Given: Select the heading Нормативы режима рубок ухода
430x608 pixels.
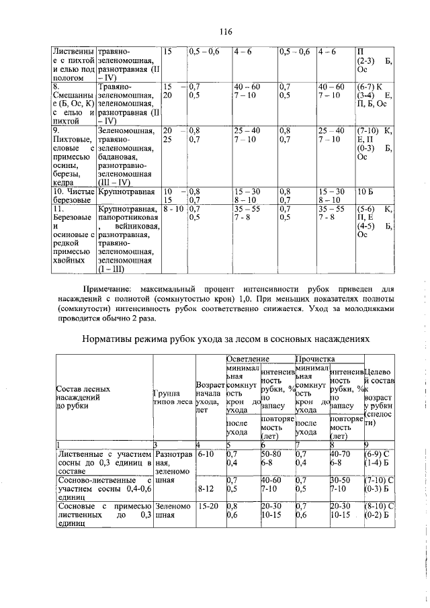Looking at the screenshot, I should point(226,340).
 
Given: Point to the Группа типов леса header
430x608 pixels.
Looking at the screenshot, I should point(173,398).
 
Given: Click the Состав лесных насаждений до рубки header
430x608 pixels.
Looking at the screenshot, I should point(83,398).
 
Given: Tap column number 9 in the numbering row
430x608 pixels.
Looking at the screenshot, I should point(365,445).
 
